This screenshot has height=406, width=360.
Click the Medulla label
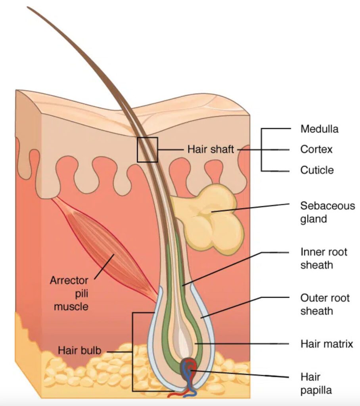point(319,129)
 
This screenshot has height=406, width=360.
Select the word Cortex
point(316,149)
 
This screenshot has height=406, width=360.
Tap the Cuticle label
point(317,170)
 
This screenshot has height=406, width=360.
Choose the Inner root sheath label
point(324,258)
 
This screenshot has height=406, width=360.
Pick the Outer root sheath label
point(325,304)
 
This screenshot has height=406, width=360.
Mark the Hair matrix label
point(326,343)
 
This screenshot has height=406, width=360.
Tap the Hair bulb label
point(79,350)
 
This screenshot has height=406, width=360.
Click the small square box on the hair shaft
point(147,149)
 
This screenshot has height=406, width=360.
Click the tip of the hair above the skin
point(29,8)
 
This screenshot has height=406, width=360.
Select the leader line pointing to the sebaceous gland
point(254,207)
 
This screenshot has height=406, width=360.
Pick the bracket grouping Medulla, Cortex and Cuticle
point(262,149)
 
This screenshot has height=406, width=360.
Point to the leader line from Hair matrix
point(246,343)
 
